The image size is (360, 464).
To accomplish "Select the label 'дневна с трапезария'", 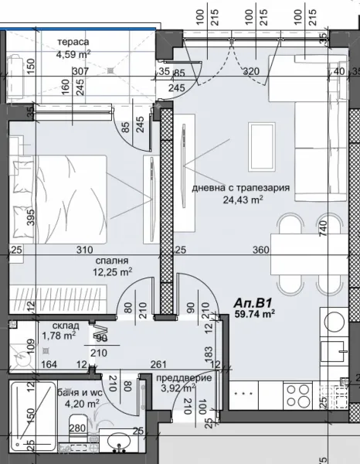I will (x=240, y=186).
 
